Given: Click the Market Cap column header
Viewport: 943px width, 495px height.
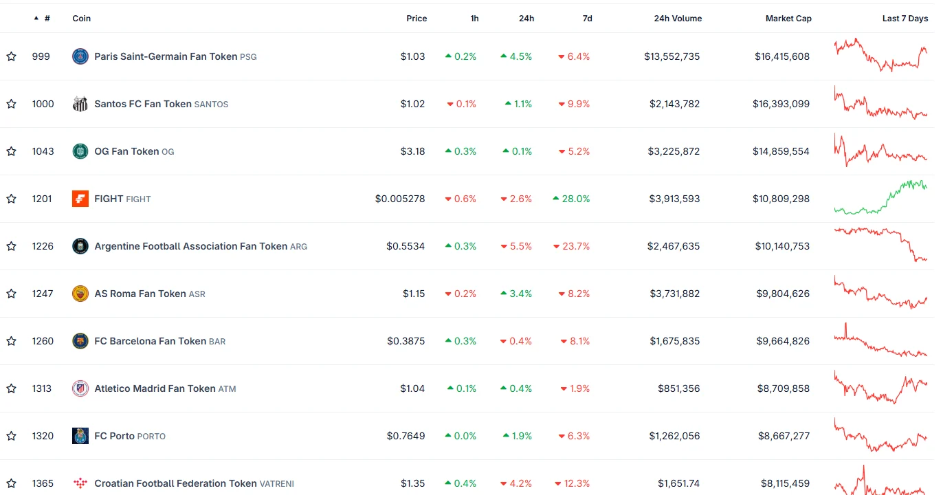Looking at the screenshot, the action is (x=788, y=19).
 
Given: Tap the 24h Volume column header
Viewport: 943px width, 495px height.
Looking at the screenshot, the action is (x=678, y=19).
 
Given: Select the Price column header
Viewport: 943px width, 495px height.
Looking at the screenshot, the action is (x=417, y=19).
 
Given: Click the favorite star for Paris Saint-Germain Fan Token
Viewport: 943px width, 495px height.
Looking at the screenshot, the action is (x=12, y=56).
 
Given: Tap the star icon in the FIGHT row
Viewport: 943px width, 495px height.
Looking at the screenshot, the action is (x=12, y=199).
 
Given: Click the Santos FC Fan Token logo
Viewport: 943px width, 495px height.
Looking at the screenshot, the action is (x=80, y=104).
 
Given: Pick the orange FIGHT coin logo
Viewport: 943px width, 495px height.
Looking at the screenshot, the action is (x=80, y=199).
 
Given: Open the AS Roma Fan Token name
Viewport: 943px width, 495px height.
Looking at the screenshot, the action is (x=140, y=294).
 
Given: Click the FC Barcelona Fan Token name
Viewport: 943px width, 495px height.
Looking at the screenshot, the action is (x=151, y=341).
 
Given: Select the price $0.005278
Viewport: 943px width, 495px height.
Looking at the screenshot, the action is (x=400, y=199).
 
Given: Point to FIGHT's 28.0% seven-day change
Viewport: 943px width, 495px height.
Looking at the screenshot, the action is (x=571, y=199).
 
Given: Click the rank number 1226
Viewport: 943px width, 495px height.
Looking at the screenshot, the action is (x=43, y=246).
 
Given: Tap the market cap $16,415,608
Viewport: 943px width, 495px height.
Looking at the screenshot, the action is (x=782, y=56).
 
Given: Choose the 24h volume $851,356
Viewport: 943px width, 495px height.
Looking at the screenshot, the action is (x=678, y=388).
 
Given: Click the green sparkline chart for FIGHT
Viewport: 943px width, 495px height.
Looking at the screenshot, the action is (x=880, y=197).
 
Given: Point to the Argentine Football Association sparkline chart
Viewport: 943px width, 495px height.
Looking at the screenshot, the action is (x=880, y=245).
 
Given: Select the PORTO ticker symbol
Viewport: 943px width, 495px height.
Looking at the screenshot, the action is (x=151, y=437).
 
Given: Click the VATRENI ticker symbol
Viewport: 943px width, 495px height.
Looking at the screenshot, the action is (x=276, y=484).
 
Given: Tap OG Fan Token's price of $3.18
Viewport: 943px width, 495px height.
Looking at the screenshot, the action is (x=412, y=151).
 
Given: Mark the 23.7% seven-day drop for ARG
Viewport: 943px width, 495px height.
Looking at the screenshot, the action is (x=571, y=246).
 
